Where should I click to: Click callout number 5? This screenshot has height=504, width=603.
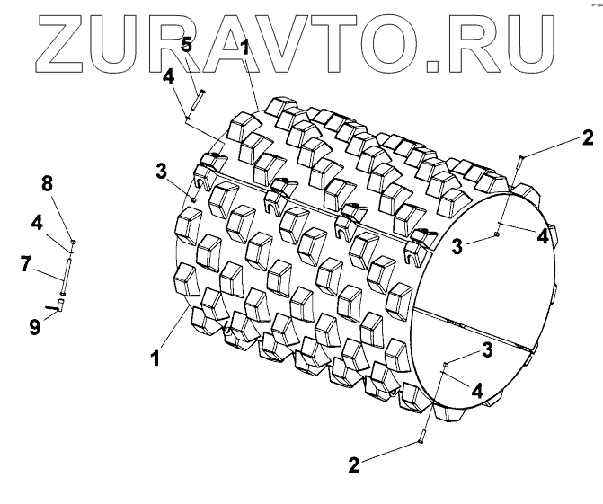(x=186, y=45)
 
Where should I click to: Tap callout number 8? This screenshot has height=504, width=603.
(x=49, y=184)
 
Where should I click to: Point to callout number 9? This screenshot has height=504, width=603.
(x=34, y=328)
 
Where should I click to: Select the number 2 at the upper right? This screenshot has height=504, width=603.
(x=587, y=137)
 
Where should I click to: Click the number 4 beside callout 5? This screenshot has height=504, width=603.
(x=169, y=77)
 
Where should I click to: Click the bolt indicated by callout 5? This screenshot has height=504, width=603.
(x=197, y=101)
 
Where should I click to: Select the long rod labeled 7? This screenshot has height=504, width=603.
(x=67, y=270)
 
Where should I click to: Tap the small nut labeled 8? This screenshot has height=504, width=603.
(x=73, y=242)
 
